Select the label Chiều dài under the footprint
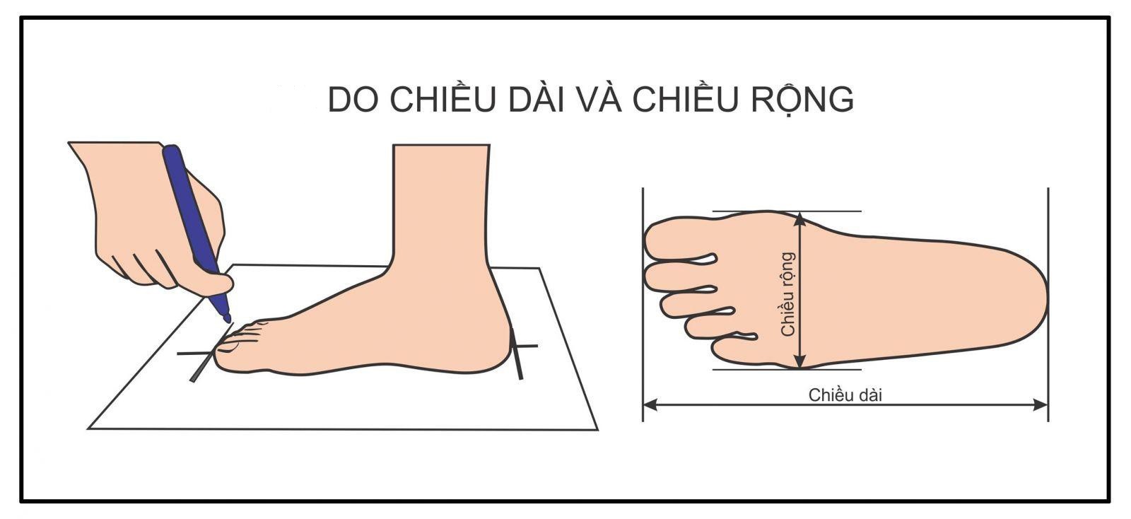(845, 395)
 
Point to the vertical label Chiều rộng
(788, 293)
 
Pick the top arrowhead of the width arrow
(799, 218)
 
